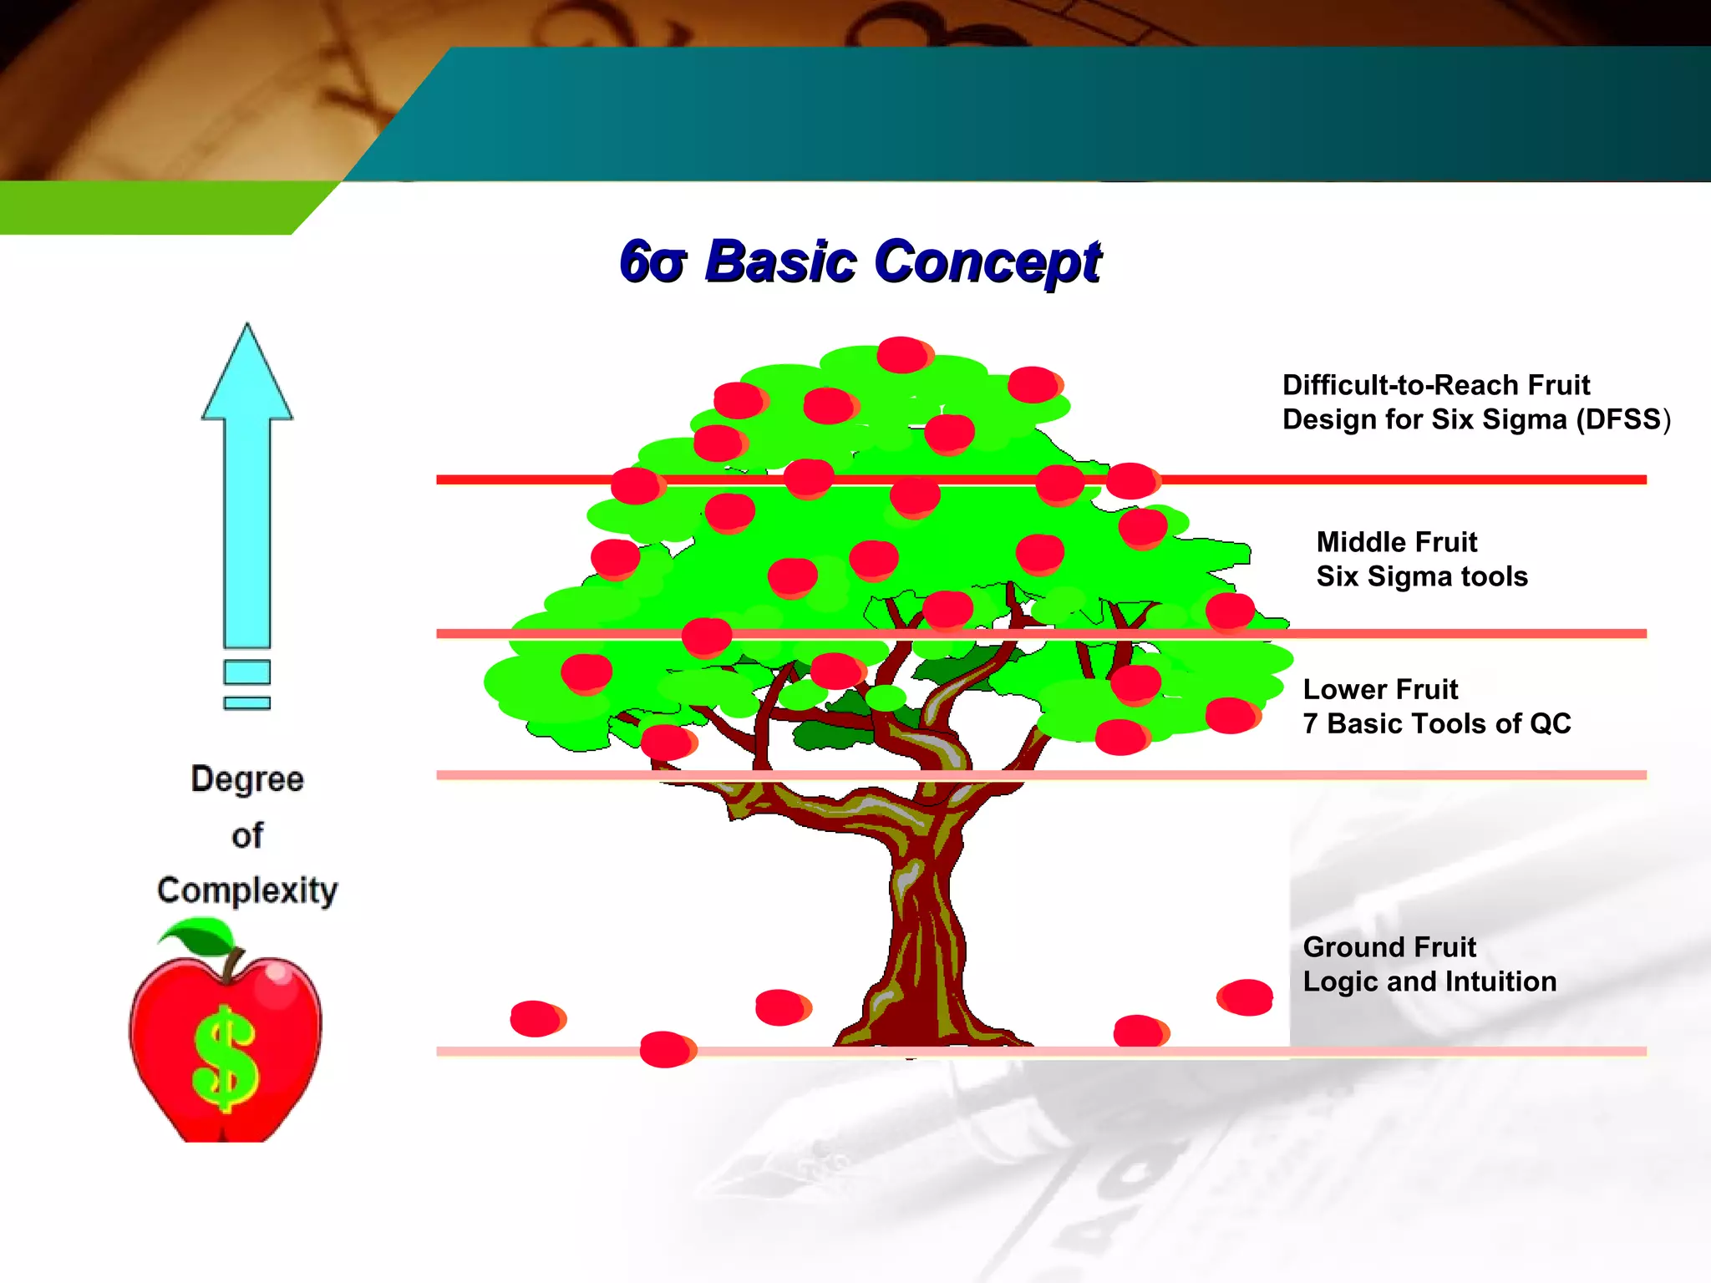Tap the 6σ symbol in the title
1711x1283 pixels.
pyautogui.click(x=653, y=262)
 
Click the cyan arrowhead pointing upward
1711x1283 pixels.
pyautogui.click(x=247, y=376)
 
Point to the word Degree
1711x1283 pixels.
pyautogui.click(x=247, y=778)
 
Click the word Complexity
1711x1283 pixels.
pyautogui.click(x=247, y=890)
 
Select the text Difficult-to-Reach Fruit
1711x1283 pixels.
pyautogui.click(x=1435, y=385)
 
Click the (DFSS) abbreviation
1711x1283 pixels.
pyautogui.click(x=1622, y=419)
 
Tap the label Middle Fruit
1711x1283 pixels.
pyautogui.click(x=1396, y=542)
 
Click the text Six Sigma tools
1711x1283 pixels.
pyautogui.click(x=1421, y=576)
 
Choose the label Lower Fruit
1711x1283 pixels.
pyautogui.click(x=1380, y=689)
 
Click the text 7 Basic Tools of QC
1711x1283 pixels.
pyautogui.click(x=1436, y=723)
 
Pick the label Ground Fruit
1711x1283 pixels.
pyautogui.click(x=1389, y=947)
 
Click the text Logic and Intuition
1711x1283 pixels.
pyautogui.click(x=1429, y=981)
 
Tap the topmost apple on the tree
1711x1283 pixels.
pyautogui.click(x=904, y=355)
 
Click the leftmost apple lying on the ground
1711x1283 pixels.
pyautogui.click(x=536, y=1018)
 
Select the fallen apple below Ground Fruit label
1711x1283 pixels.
pyautogui.click(x=1245, y=997)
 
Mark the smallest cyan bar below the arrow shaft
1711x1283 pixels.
pyautogui.click(x=247, y=703)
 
